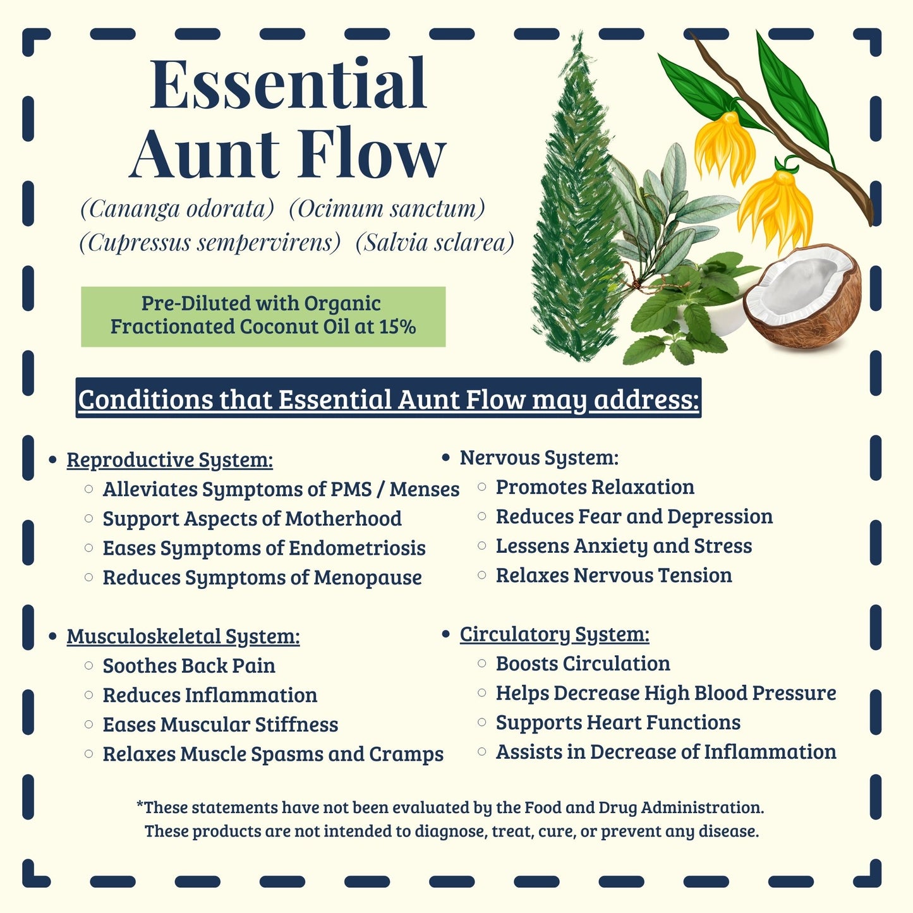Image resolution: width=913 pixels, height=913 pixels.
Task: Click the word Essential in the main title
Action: [x=289, y=85]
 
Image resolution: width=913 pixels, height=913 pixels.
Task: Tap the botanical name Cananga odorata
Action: [x=177, y=209]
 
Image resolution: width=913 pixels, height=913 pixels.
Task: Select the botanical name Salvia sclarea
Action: [x=435, y=243]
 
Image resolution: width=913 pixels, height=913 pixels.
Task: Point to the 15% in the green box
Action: [x=397, y=327]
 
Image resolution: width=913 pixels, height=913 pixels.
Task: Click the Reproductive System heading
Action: [x=169, y=460]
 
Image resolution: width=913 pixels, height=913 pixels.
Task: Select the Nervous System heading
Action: [x=539, y=457]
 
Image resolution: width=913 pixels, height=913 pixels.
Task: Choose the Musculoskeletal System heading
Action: [x=183, y=636]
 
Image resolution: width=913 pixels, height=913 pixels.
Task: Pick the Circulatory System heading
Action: [x=554, y=634]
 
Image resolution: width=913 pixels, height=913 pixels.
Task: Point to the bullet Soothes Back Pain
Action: [x=189, y=666]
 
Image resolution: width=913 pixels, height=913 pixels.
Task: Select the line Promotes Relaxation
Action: [x=595, y=487]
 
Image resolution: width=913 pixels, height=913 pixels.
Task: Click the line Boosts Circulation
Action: [x=583, y=663]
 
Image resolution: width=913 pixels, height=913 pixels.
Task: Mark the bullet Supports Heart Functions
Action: [x=618, y=722]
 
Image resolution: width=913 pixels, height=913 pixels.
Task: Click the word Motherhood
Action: [x=343, y=519]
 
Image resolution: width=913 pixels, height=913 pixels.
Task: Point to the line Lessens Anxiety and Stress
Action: [x=624, y=546]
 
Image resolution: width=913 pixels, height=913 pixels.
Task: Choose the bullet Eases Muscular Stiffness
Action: [x=221, y=725]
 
